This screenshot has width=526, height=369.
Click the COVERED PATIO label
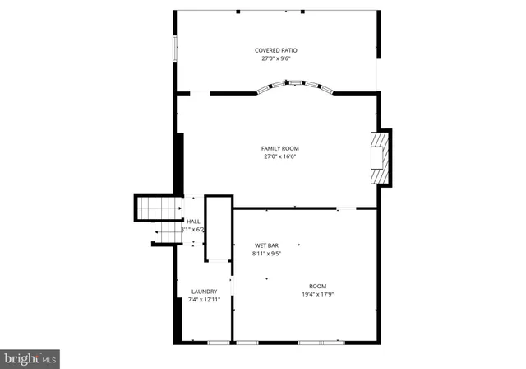279,50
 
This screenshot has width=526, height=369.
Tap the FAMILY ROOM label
279,148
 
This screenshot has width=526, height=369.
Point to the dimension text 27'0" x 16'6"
279,156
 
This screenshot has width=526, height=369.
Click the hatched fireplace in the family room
379,158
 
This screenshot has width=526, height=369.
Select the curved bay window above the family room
295,86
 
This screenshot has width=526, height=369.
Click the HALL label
193,222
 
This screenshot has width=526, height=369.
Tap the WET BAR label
266,245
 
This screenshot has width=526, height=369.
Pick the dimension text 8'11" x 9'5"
266,254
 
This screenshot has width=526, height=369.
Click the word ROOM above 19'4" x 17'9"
317,286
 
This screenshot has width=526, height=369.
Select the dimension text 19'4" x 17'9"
317,294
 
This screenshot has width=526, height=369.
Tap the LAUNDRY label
204,292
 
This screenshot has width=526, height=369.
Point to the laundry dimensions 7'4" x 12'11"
204,300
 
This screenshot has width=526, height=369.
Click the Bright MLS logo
30,358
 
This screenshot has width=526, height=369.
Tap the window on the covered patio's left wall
173,48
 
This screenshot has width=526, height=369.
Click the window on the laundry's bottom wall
218,342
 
